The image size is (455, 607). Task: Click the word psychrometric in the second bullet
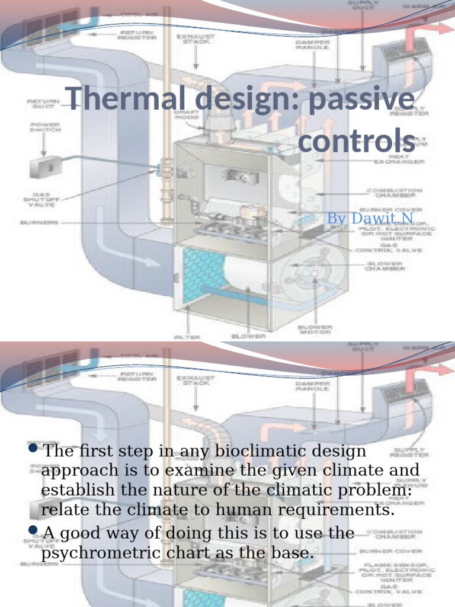[101, 552]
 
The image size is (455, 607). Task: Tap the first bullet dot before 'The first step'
[33, 449]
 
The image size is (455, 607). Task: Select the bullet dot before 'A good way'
[33, 531]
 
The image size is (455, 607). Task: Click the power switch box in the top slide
[46, 167]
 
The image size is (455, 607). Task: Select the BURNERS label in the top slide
[39, 222]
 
